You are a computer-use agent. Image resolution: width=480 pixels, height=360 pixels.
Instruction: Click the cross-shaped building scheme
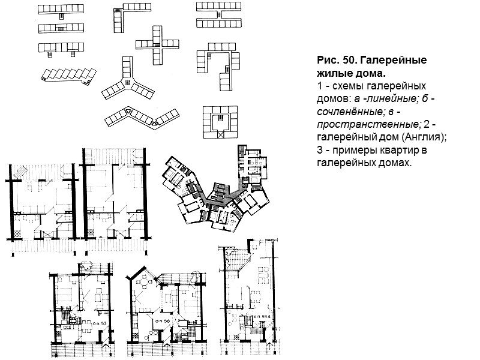pos(158,46)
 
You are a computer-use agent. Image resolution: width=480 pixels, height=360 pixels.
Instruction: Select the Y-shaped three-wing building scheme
pos(127,82)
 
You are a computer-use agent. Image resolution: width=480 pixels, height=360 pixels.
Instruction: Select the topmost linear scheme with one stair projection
pos(62,8)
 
